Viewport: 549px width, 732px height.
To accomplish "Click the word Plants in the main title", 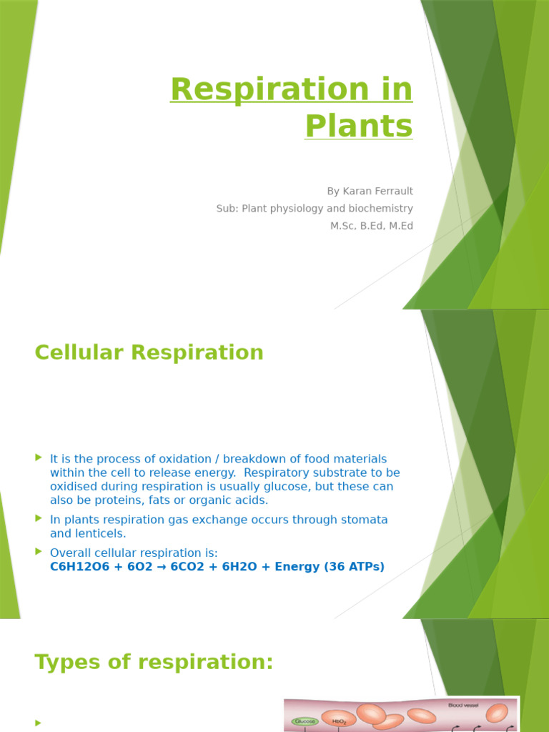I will [x=359, y=127].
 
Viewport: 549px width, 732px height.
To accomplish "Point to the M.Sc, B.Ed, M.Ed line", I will [x=371, y=226].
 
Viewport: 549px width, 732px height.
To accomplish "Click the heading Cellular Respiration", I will [x=149, y=352].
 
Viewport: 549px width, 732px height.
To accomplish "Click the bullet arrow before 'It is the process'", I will [x=39, y=457].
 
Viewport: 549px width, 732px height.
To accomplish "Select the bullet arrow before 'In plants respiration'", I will [x=39, y=518].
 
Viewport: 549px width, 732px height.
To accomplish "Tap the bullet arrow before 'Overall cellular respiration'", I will [x=39, y=551].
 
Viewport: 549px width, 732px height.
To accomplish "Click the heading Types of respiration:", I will [x=154, y=662].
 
